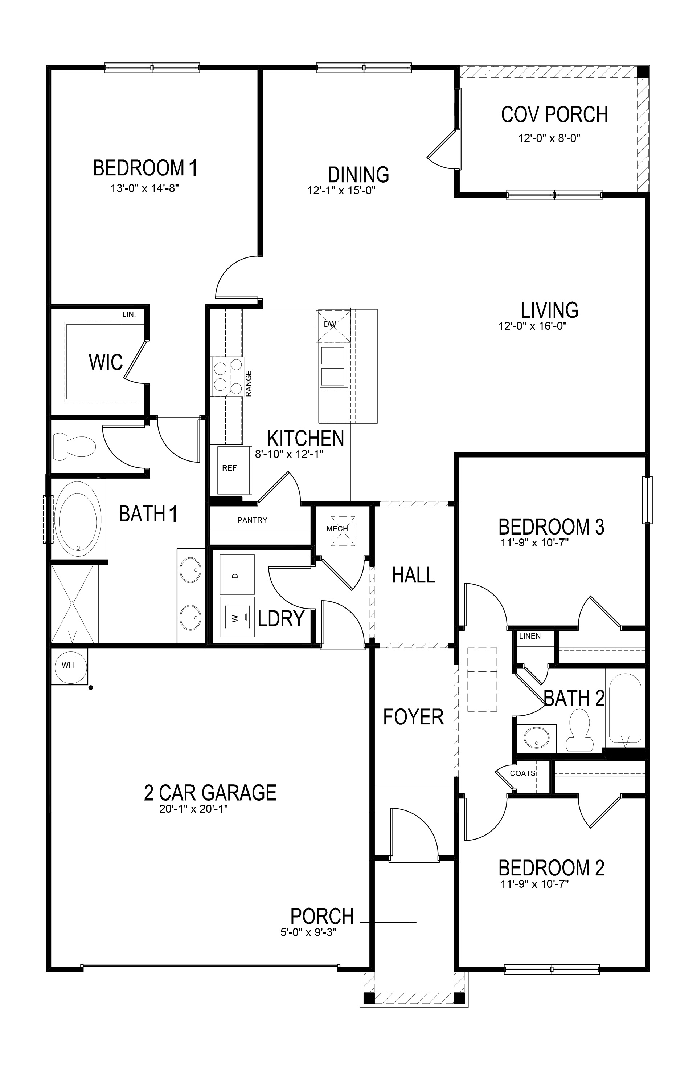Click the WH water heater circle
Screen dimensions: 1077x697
click(x=68, y=665)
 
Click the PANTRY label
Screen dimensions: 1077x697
click(x=252, y=520)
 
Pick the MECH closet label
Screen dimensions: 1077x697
click(x=337, y=529)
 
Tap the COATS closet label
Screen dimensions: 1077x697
click(x=522, y=773)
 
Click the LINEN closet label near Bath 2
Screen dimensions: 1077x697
click(x=530, y=636)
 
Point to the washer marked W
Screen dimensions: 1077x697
click(x=237, y=618)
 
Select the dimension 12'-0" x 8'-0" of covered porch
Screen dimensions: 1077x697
click(x=549, y=138)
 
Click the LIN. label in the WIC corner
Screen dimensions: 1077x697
click(x=129, y=314)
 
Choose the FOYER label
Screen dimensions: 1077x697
click(x=413, y=717)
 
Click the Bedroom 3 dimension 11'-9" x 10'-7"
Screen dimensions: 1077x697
click(x=534, y=542)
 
